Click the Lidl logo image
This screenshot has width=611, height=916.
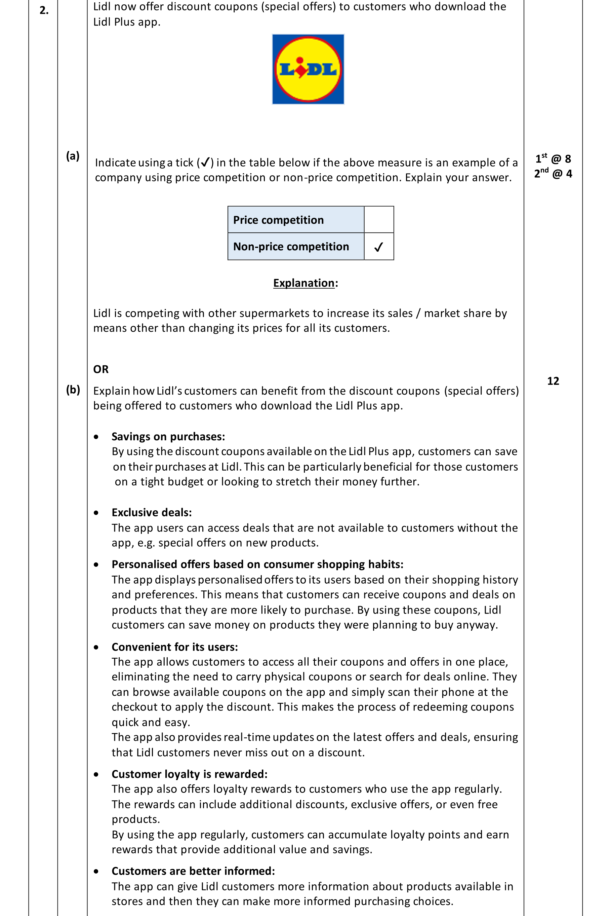308,69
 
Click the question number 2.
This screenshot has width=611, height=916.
44,10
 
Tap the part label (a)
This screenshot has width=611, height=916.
73,156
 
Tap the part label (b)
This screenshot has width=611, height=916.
73,390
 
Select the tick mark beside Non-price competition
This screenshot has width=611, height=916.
378,247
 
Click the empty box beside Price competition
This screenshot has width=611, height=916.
379,220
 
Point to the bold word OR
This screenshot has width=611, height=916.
101,369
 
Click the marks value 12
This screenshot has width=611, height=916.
553,381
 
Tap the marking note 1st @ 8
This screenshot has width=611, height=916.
553,159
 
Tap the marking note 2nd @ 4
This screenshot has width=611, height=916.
553,173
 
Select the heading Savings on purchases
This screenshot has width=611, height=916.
168,437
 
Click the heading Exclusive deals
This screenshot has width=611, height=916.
152,512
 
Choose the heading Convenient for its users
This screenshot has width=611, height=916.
174,647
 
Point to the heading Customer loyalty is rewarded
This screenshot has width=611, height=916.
189,774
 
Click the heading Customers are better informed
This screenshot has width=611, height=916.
193,871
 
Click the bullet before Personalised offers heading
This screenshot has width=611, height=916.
96,565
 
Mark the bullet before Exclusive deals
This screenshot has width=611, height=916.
96,513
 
